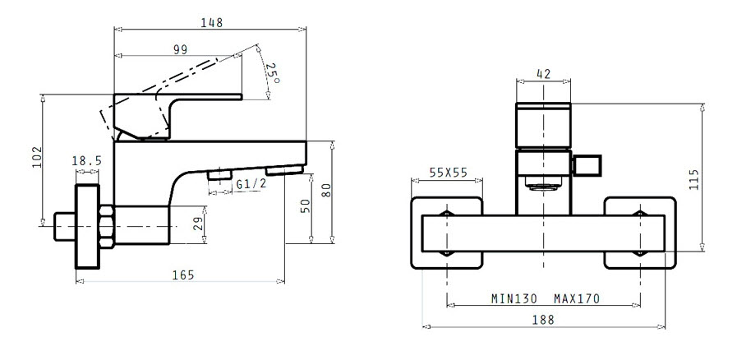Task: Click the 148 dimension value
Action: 211,22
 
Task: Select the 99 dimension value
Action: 180,49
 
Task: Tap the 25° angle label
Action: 272,73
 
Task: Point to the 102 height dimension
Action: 37,158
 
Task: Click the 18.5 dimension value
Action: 86,161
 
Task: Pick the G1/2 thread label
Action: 251,184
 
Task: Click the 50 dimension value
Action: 306,205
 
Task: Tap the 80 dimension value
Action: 326,190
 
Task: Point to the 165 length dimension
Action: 183,275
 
